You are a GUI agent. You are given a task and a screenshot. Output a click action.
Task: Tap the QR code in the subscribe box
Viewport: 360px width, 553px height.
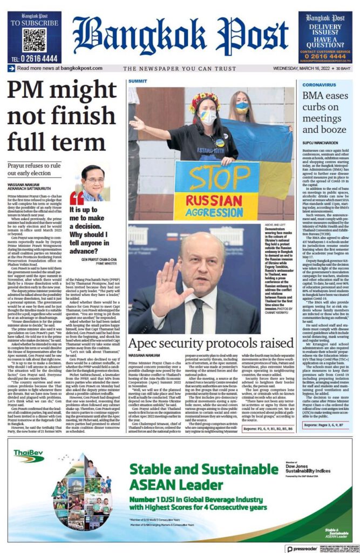point(34,41)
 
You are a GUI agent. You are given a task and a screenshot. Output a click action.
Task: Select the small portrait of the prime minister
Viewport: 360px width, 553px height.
point(93,182)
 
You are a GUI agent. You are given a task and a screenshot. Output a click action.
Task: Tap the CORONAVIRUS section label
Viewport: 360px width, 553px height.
point(319,85)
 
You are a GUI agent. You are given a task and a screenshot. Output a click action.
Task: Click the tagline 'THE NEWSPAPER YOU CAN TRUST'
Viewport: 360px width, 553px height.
point(180,69)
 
